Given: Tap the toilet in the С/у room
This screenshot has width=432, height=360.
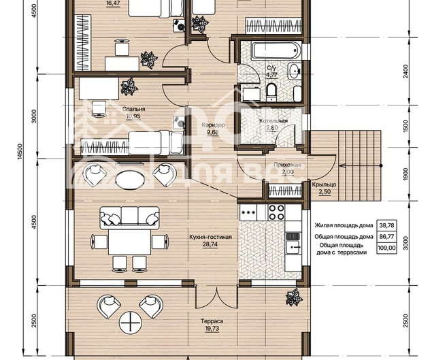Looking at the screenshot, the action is (271, 92).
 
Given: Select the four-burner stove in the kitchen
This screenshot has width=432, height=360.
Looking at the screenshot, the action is (276, 212).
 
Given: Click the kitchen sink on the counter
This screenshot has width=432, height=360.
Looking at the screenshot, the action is (293, 247).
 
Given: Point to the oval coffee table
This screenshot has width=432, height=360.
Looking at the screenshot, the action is (130, 180).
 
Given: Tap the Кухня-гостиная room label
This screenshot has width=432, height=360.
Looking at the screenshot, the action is (210, 237).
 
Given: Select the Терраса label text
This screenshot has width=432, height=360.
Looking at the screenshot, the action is (212, 321).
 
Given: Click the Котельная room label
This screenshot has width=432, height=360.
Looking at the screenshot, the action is (273, 121).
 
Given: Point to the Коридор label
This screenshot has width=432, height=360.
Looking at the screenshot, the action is (213, 125).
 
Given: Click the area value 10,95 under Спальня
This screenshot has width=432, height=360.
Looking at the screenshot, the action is (133, 116).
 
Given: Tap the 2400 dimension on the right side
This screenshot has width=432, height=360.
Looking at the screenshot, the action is (405, 71).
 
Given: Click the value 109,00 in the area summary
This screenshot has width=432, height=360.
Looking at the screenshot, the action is (386, 248).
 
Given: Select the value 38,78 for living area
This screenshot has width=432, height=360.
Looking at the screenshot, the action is (387, 225).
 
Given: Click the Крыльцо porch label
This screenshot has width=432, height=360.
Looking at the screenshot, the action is (324, 184).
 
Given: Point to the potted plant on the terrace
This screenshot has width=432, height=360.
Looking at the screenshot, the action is (295, 297).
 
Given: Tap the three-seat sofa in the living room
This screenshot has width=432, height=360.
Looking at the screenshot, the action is (130, 218).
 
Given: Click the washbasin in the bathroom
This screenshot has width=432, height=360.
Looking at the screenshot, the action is (295, 71).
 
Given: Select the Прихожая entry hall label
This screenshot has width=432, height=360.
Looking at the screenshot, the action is (287, 165).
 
